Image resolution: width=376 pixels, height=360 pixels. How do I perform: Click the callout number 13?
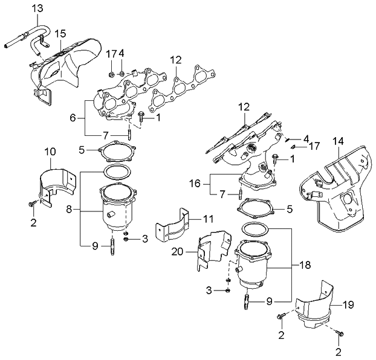click(37, 8)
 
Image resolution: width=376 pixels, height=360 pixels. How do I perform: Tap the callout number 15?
click(60, 34)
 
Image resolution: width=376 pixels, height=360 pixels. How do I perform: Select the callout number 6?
click(73, 118)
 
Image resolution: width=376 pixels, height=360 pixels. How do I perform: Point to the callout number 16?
click(195, 184)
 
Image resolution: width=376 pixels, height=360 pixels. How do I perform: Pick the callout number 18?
click(305, 265)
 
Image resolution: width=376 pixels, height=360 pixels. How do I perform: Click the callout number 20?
click(177, 252)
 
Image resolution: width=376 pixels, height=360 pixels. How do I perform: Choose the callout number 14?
click(338, 141)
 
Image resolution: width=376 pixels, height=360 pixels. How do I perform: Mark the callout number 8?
click(69, 210)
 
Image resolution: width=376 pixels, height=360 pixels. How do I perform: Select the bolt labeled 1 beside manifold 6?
click(141, 117)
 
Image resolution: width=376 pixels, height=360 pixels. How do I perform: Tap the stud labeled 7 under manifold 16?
click(240, 194)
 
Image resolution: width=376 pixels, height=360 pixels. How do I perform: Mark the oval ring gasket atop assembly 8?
click(117, 172)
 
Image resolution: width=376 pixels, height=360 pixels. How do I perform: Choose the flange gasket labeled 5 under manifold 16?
click(255, 208)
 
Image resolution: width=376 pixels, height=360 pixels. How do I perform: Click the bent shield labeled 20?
click(213, 249)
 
